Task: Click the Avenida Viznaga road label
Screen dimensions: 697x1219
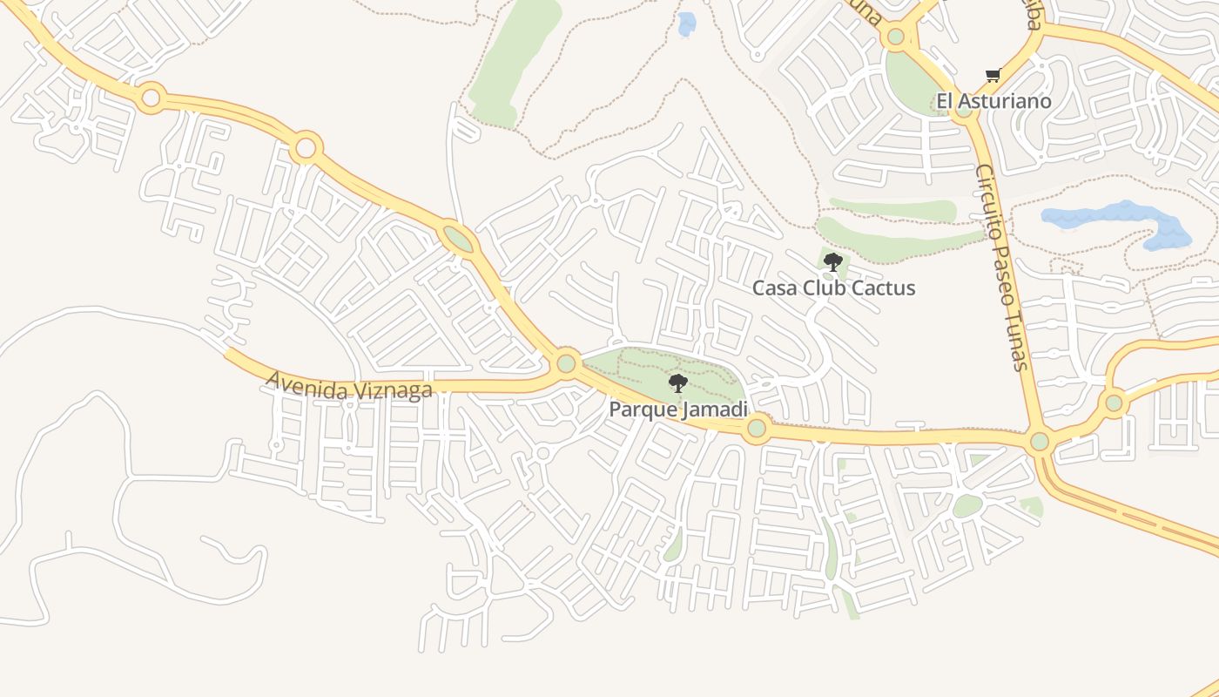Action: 349,385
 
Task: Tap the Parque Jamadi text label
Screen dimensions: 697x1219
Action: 678,409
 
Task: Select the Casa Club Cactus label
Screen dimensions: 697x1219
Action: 833,288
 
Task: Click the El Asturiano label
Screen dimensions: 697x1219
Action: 993,101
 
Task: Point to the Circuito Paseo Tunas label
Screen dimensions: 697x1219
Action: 1002,267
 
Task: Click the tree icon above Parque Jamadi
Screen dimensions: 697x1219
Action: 677,383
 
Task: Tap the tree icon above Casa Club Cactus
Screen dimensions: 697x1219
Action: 833,261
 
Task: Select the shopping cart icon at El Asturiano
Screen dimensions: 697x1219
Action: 993,76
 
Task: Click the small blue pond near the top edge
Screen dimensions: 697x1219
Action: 687,24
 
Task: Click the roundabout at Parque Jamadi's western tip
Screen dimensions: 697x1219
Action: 567,362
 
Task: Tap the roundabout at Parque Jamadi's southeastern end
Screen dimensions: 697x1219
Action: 756,428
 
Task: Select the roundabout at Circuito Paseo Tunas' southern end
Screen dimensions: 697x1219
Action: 1039,441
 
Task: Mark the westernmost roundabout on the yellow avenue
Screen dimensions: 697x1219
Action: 151,97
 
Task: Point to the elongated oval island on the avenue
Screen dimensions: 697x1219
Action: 458,239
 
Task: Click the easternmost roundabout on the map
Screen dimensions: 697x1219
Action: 1113,403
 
